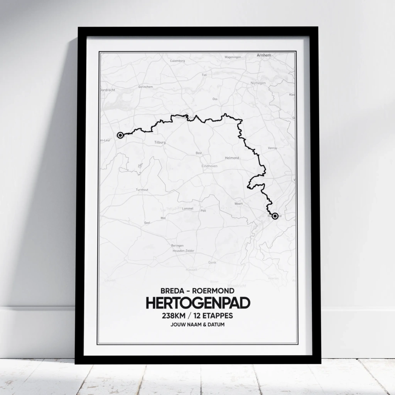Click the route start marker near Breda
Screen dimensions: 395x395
(120, 135)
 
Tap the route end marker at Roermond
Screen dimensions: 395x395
(275, 216)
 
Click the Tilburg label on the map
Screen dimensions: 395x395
(160, 143)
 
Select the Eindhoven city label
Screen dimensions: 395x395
(210, 166)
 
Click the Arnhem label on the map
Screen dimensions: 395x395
(264, 56)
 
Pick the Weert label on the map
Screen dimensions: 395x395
(238, 204)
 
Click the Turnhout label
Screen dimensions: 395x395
(142, 190)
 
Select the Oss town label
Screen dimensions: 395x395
(215, 99)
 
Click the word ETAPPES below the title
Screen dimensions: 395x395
(218, 316)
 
